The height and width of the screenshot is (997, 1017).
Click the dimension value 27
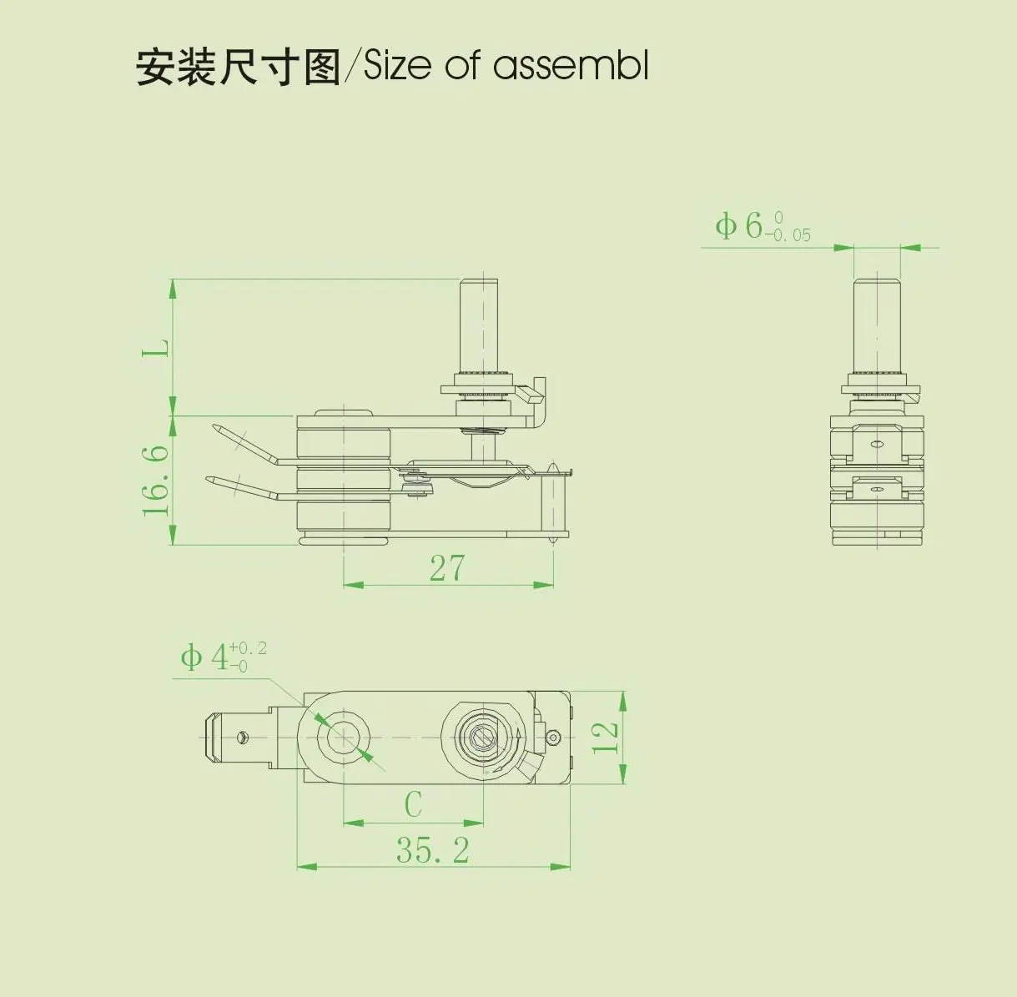[x=447, y=568]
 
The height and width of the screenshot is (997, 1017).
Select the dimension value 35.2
[x=432, y=850]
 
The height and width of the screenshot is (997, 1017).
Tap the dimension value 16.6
[x=156, y=480]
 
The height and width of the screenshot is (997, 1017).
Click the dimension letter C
[x=413, y=805]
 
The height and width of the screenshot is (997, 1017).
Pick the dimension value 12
[x=606, y=738]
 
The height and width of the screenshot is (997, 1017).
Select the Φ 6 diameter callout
[x=739, y=226]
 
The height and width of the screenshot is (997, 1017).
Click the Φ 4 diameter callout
[x=205, y=657]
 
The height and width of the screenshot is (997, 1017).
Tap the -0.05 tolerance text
[x=788, y=235]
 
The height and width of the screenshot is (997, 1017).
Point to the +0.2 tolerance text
[x=248, y=648]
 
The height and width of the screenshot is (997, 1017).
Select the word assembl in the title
[x=571, y=66]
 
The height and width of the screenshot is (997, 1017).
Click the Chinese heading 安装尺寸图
[x=238, y=67]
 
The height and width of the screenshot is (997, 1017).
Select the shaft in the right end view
[x=877, y=325]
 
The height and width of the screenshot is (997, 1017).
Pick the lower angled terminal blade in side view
[x=242, y=488]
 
